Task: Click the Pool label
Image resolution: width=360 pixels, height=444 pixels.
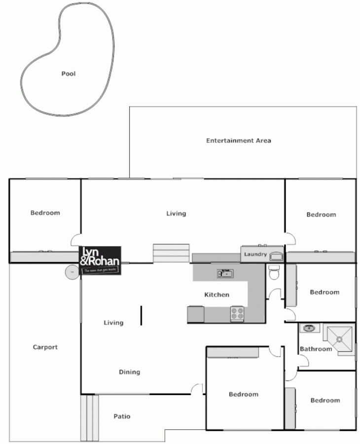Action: tap(69, 74)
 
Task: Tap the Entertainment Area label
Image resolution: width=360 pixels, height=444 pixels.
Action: tap(238, 141)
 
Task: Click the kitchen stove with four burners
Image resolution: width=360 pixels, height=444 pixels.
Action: tap(237, 313)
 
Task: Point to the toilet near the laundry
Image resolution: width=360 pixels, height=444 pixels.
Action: tap(274, 272)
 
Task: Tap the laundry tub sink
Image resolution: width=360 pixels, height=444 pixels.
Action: tap(276, 256)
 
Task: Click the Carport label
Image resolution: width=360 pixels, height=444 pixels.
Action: tap(45, 347)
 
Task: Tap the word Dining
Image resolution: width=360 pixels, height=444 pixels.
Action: tap(129, 372)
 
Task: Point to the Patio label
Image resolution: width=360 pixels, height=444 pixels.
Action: tap(122, 417)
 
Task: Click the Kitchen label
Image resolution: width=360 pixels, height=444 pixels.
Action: tap(217, 295)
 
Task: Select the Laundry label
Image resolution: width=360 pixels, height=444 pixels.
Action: tap(255, 255)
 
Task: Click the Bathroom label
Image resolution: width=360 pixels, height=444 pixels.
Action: tap(316, 349)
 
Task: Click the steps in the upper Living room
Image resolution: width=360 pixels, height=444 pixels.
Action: tap(171, 253)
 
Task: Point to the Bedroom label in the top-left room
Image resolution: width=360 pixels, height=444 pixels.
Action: tap(45, 213)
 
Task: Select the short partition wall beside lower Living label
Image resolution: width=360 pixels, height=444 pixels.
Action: tap(142, 316)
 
